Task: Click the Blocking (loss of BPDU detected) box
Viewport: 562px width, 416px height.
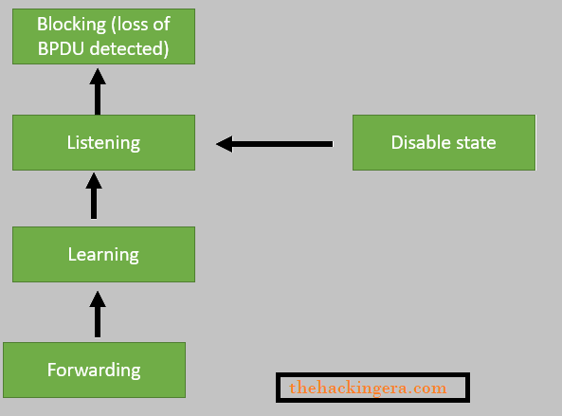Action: tap(103, 37)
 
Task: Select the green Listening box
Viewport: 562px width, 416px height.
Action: tap(103, 143)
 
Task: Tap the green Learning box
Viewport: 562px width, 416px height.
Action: tap(103, 254)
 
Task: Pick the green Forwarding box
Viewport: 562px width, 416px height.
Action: tap(94, 370)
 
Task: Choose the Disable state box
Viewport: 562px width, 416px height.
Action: tap(444, 143)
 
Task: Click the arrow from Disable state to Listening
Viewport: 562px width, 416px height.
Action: tap(275, 144)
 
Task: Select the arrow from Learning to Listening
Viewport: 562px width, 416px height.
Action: tap(94, 196)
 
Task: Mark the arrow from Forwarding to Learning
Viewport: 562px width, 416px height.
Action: tap(95, 314)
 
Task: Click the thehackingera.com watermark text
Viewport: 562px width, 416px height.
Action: tap(368, 388)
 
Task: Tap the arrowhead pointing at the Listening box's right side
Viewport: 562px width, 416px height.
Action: tap(225, 144)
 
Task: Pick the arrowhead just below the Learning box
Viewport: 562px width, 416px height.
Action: tap(95, 298)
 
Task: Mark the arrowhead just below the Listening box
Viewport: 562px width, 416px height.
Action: tap(94, 180)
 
